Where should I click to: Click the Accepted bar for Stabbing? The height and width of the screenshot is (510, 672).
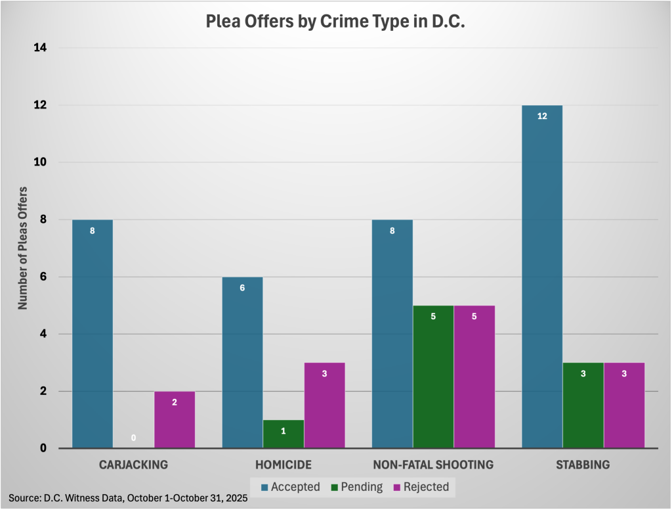pyautogui.click(x=542, y=276)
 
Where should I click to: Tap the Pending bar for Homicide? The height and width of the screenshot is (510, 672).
pyautogui.click(x=283, y=434)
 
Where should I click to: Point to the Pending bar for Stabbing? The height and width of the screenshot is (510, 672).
pyautogui.click(x=583, y=406)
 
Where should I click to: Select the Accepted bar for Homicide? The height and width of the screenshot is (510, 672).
pyautogui.click(x=242, y=362)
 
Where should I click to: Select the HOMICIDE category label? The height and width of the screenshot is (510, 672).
pyautogui.click(x=283, y=465)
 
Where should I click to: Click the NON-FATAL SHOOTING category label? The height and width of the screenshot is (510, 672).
pyautogui.click(x=433, y=465)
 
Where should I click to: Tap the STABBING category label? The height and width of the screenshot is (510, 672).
pyautogui.click(x=583, y=465)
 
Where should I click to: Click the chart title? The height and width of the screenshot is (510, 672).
pyautogui.click(x=335, y=22)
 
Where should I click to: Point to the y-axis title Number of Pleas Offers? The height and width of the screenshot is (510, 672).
pyautogui.click(x=22, y=248)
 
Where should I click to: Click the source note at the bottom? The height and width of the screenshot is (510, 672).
pyautogui.click(x=128, y=498)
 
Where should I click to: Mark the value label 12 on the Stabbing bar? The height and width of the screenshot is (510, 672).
pyautogui.click(x=542, y=116)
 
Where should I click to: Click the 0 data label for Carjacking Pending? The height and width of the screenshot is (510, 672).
pyautogui.click(x=133, y=437)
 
